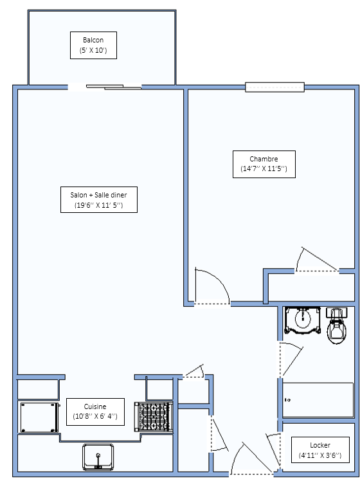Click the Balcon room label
pos(93,45)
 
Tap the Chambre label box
pos(264,164)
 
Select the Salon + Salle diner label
pos(99,199)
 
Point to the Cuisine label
pos(96,412)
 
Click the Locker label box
pos(320,450)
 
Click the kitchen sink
pos(98,457)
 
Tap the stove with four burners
pos(154,417)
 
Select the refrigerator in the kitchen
pos(39,417)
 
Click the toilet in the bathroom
pos(337,325)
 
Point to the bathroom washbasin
pos(303,320)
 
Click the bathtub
pos(318,400)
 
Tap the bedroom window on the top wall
pos(274,87)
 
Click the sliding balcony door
pos(114,87)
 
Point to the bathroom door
pos(292,360)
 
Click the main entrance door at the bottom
pos(251,459)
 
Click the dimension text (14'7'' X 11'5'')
pos(264,169)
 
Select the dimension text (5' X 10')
pos(93,50)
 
